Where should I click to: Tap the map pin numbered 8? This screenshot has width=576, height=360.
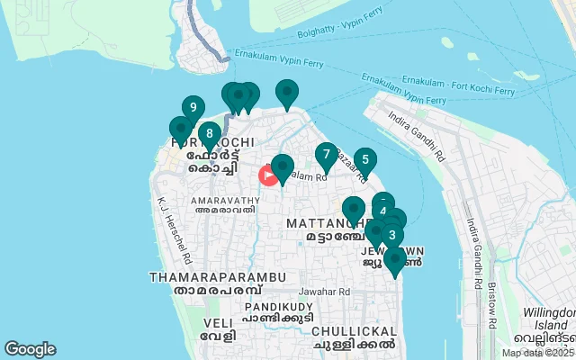point(209,136)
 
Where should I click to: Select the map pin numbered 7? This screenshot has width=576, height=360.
point(326,156)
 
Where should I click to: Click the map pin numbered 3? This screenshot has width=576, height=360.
point(391,236)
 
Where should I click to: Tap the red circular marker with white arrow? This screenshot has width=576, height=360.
point(268,175)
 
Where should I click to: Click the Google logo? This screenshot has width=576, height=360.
point(30,349)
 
